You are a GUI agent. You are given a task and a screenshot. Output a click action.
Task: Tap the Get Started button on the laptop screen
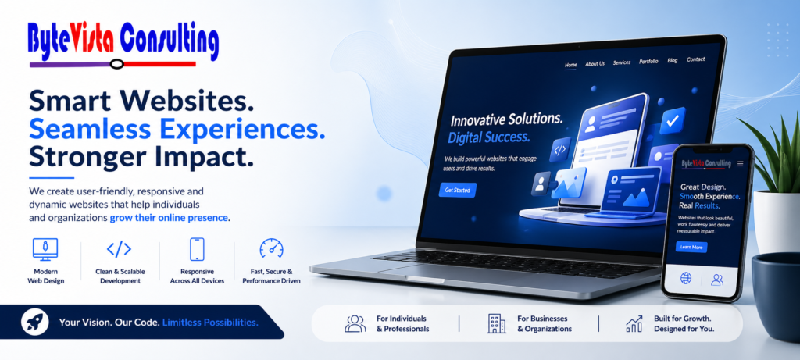tap(457, 190)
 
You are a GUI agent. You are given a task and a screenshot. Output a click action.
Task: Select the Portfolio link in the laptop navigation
tap(648, 61)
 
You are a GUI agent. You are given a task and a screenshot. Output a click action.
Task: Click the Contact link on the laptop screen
tap(695, 59)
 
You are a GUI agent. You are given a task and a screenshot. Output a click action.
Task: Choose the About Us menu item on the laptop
tap(595, 63)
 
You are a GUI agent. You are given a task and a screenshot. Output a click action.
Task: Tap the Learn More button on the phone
tap(691, 247)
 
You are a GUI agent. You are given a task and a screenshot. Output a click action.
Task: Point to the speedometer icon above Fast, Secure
tap(271, 249)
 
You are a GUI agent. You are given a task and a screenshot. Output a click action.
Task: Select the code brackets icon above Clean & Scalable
tap(119, 249)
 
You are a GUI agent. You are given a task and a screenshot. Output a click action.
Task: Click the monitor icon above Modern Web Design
tap(45, 250)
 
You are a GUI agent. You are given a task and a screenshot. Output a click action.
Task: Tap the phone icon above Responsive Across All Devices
tap(196, 249)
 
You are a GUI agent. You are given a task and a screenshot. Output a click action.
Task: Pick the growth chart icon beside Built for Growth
tap(634, 323)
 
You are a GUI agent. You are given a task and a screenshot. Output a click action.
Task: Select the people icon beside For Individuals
tap(355, 323)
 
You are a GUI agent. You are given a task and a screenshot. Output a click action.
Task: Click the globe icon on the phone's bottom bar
tap(687, 278)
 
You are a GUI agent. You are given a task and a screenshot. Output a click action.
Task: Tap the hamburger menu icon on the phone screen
tap(740, 164)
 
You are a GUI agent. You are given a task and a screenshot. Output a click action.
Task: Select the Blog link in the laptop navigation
tap(673, 60)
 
